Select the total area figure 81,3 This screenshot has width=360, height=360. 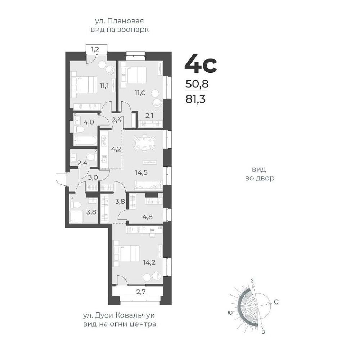click(195, 100)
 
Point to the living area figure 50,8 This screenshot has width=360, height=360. click(197, 84)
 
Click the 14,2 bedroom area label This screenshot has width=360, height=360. click(149, 262)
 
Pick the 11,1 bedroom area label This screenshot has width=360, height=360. click(104, 86)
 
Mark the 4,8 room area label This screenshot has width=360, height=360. click(147, 216)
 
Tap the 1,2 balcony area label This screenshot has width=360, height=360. click(95, 49)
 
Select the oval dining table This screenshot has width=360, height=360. click(145, 143)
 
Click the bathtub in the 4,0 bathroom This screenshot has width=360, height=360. click(85, 140)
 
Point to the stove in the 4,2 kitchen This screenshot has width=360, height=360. click(104, 141)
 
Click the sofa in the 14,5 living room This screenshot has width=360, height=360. click(149, 185)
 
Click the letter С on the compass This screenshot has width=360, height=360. click(276, 302)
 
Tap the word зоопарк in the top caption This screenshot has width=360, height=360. click(133, 30)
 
